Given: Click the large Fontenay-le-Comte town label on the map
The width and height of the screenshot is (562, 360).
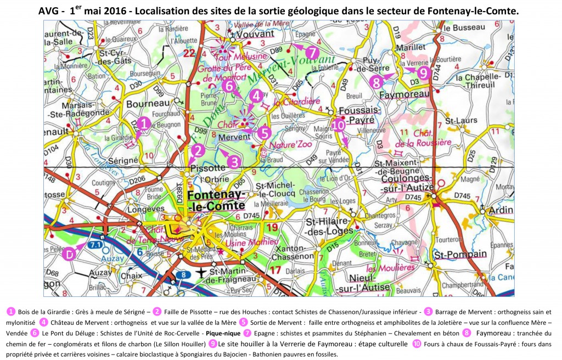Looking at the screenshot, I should coord(216,201).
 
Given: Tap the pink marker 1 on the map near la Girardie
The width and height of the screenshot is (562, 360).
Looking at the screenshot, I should coord(144,124).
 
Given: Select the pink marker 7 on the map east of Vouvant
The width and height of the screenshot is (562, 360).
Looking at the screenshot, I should coord(312,53).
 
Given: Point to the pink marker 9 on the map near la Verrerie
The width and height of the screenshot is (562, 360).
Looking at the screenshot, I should coord(422,72).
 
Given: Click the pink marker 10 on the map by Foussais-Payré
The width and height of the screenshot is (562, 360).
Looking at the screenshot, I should coord(339,125).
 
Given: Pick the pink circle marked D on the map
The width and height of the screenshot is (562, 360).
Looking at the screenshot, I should coord(69,255).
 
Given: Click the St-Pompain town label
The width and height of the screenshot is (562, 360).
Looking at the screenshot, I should coord(460,255).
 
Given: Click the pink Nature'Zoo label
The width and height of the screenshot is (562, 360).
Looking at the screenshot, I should coord(291,147).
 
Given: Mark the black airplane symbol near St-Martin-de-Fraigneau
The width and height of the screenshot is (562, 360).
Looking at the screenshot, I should coord(202,273).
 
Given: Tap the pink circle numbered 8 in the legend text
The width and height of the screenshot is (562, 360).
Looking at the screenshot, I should coord(467,333).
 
